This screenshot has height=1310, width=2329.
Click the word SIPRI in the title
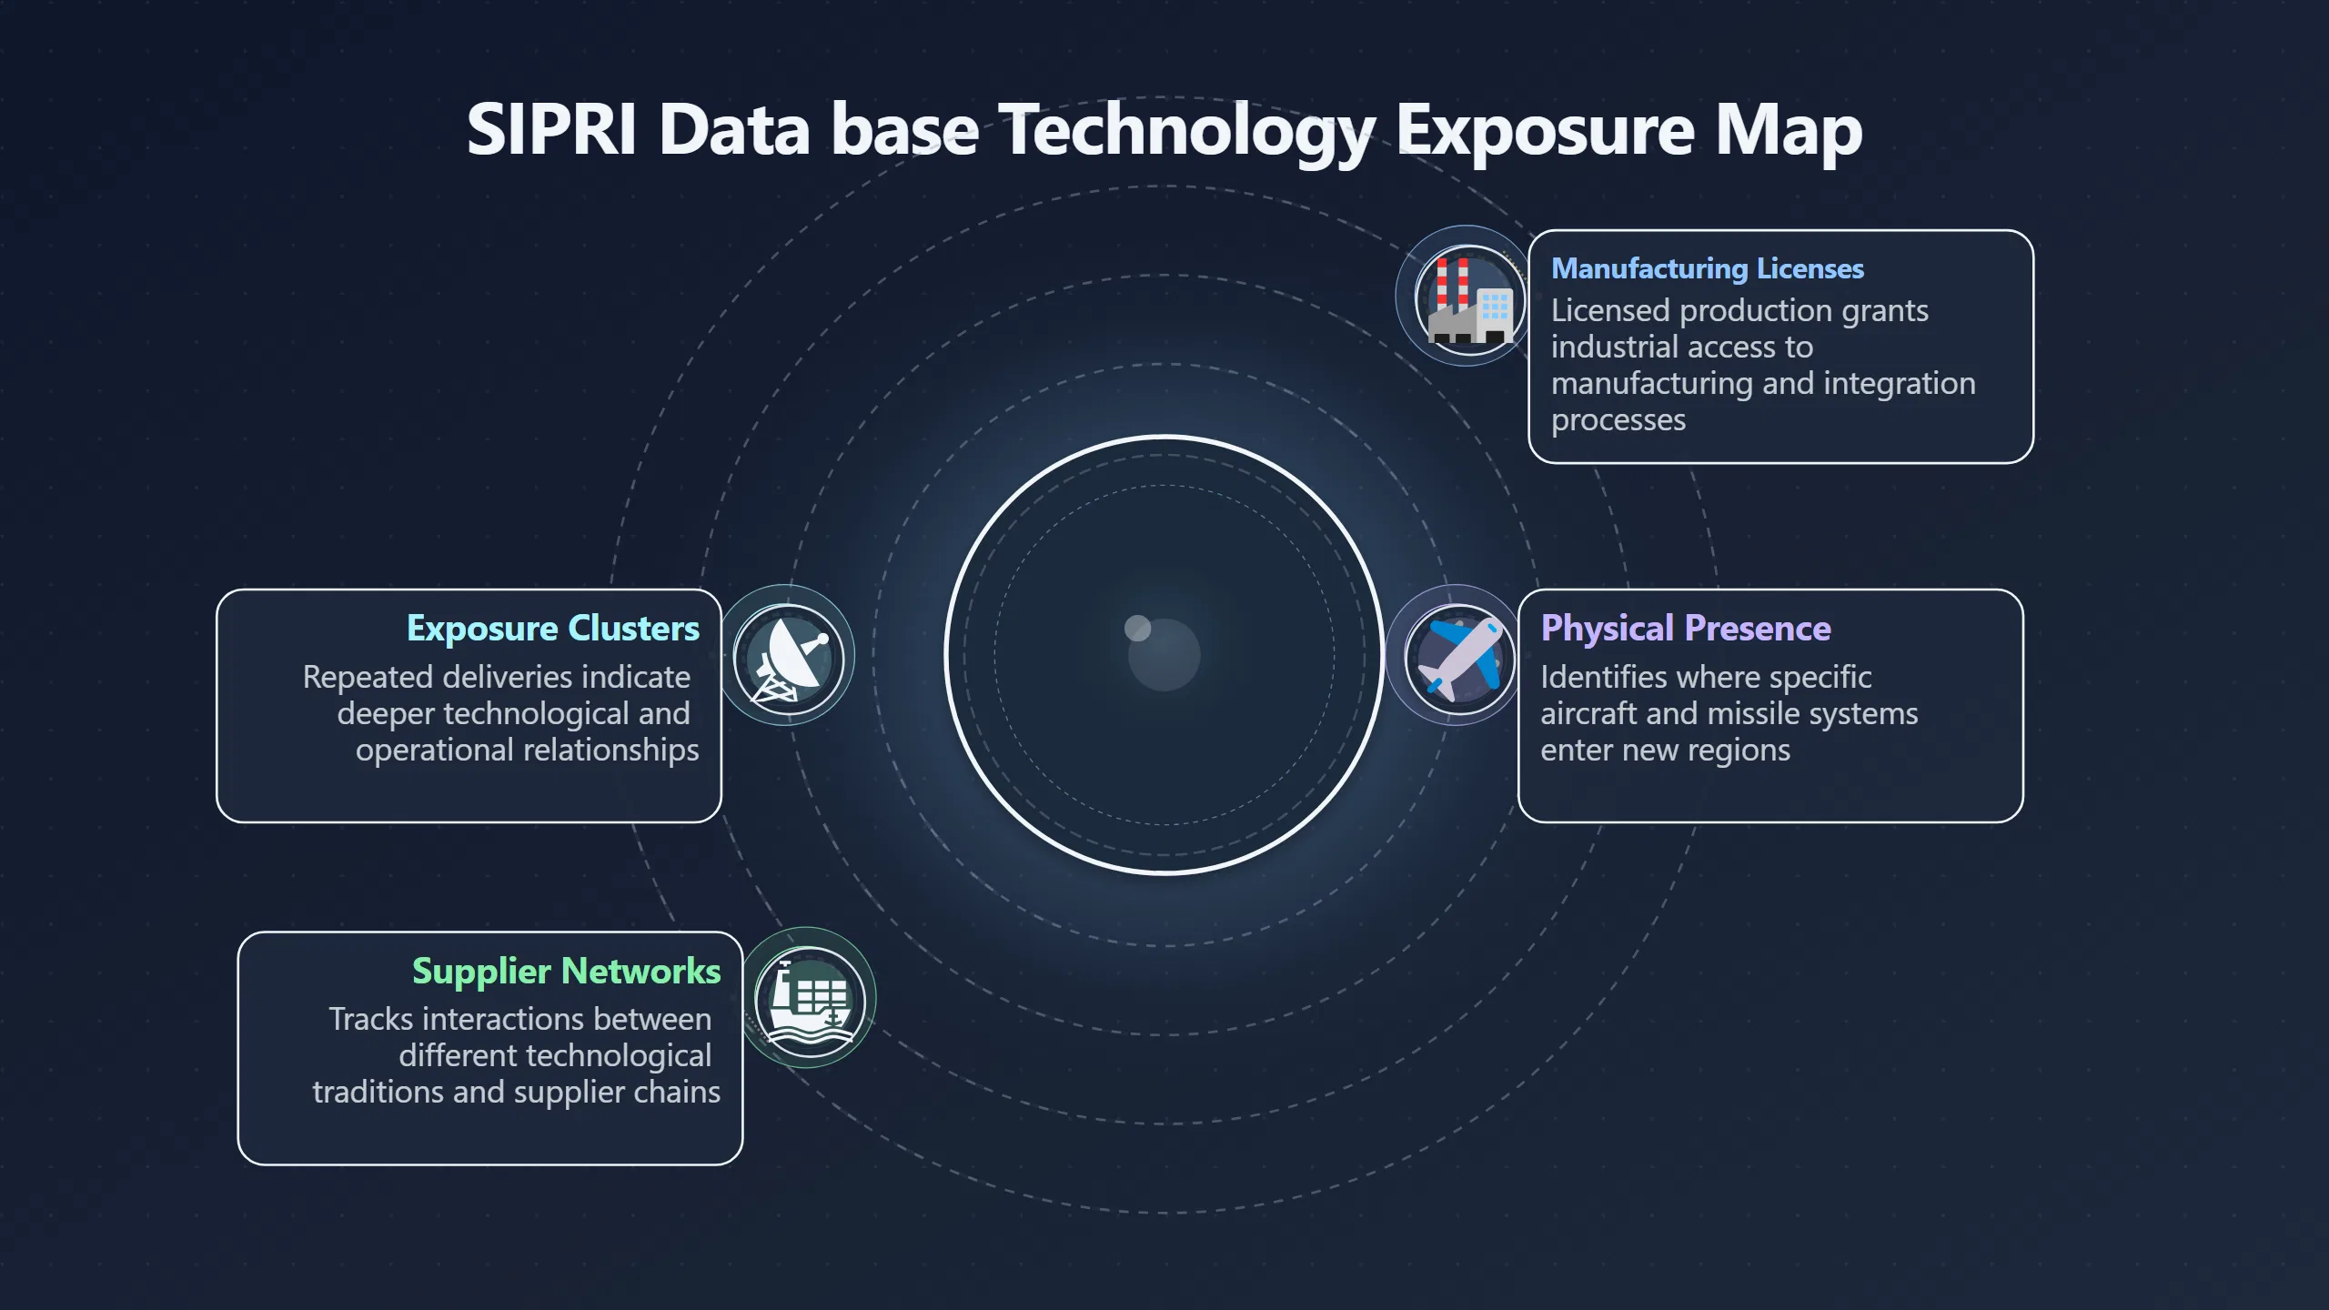(551, 129)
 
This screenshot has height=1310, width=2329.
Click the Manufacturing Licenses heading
(1707, 268)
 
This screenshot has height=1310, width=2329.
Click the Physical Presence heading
(1685, 629)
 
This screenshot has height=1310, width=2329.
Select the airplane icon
(1460, 658)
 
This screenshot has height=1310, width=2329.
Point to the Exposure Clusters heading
(553, 629)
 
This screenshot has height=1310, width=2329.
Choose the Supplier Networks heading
(566, 972)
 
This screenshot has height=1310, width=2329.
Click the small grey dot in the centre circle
(1138, 628)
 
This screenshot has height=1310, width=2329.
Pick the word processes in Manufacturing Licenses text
(1618, 421)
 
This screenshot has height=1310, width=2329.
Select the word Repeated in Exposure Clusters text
(368, 678)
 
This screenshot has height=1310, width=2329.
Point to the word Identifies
(1605, 677)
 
